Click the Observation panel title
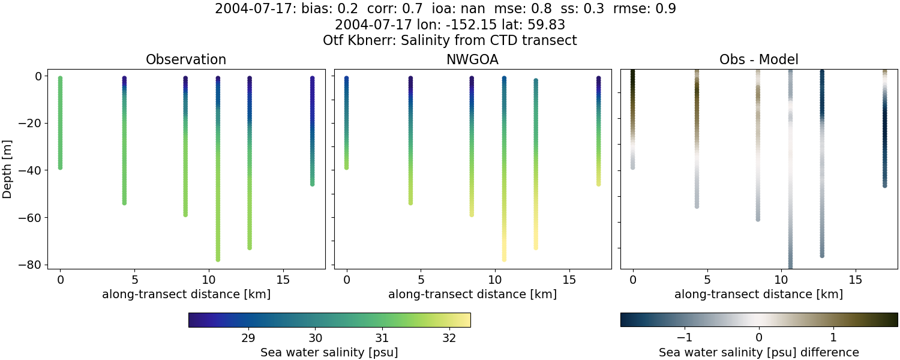click(x=186, y=59)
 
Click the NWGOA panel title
click(x=472, y=59)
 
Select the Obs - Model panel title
click(x=758, y=59)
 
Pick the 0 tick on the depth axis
click(x=38, y=76)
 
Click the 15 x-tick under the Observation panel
click(x=283, y=280)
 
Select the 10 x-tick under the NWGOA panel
click(x=494, y=280)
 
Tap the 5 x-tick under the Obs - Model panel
click(x=707, y=280)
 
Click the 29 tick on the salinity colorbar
click(x=248, y=337)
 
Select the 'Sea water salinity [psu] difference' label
click(x=758, y=352)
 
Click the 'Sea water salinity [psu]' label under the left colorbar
click(x=329, y=352)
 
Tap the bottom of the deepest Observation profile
click(x=218, y=259)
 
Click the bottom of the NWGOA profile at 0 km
click(x=346, y=167)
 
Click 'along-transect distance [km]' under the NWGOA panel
click(x=472, y=295)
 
